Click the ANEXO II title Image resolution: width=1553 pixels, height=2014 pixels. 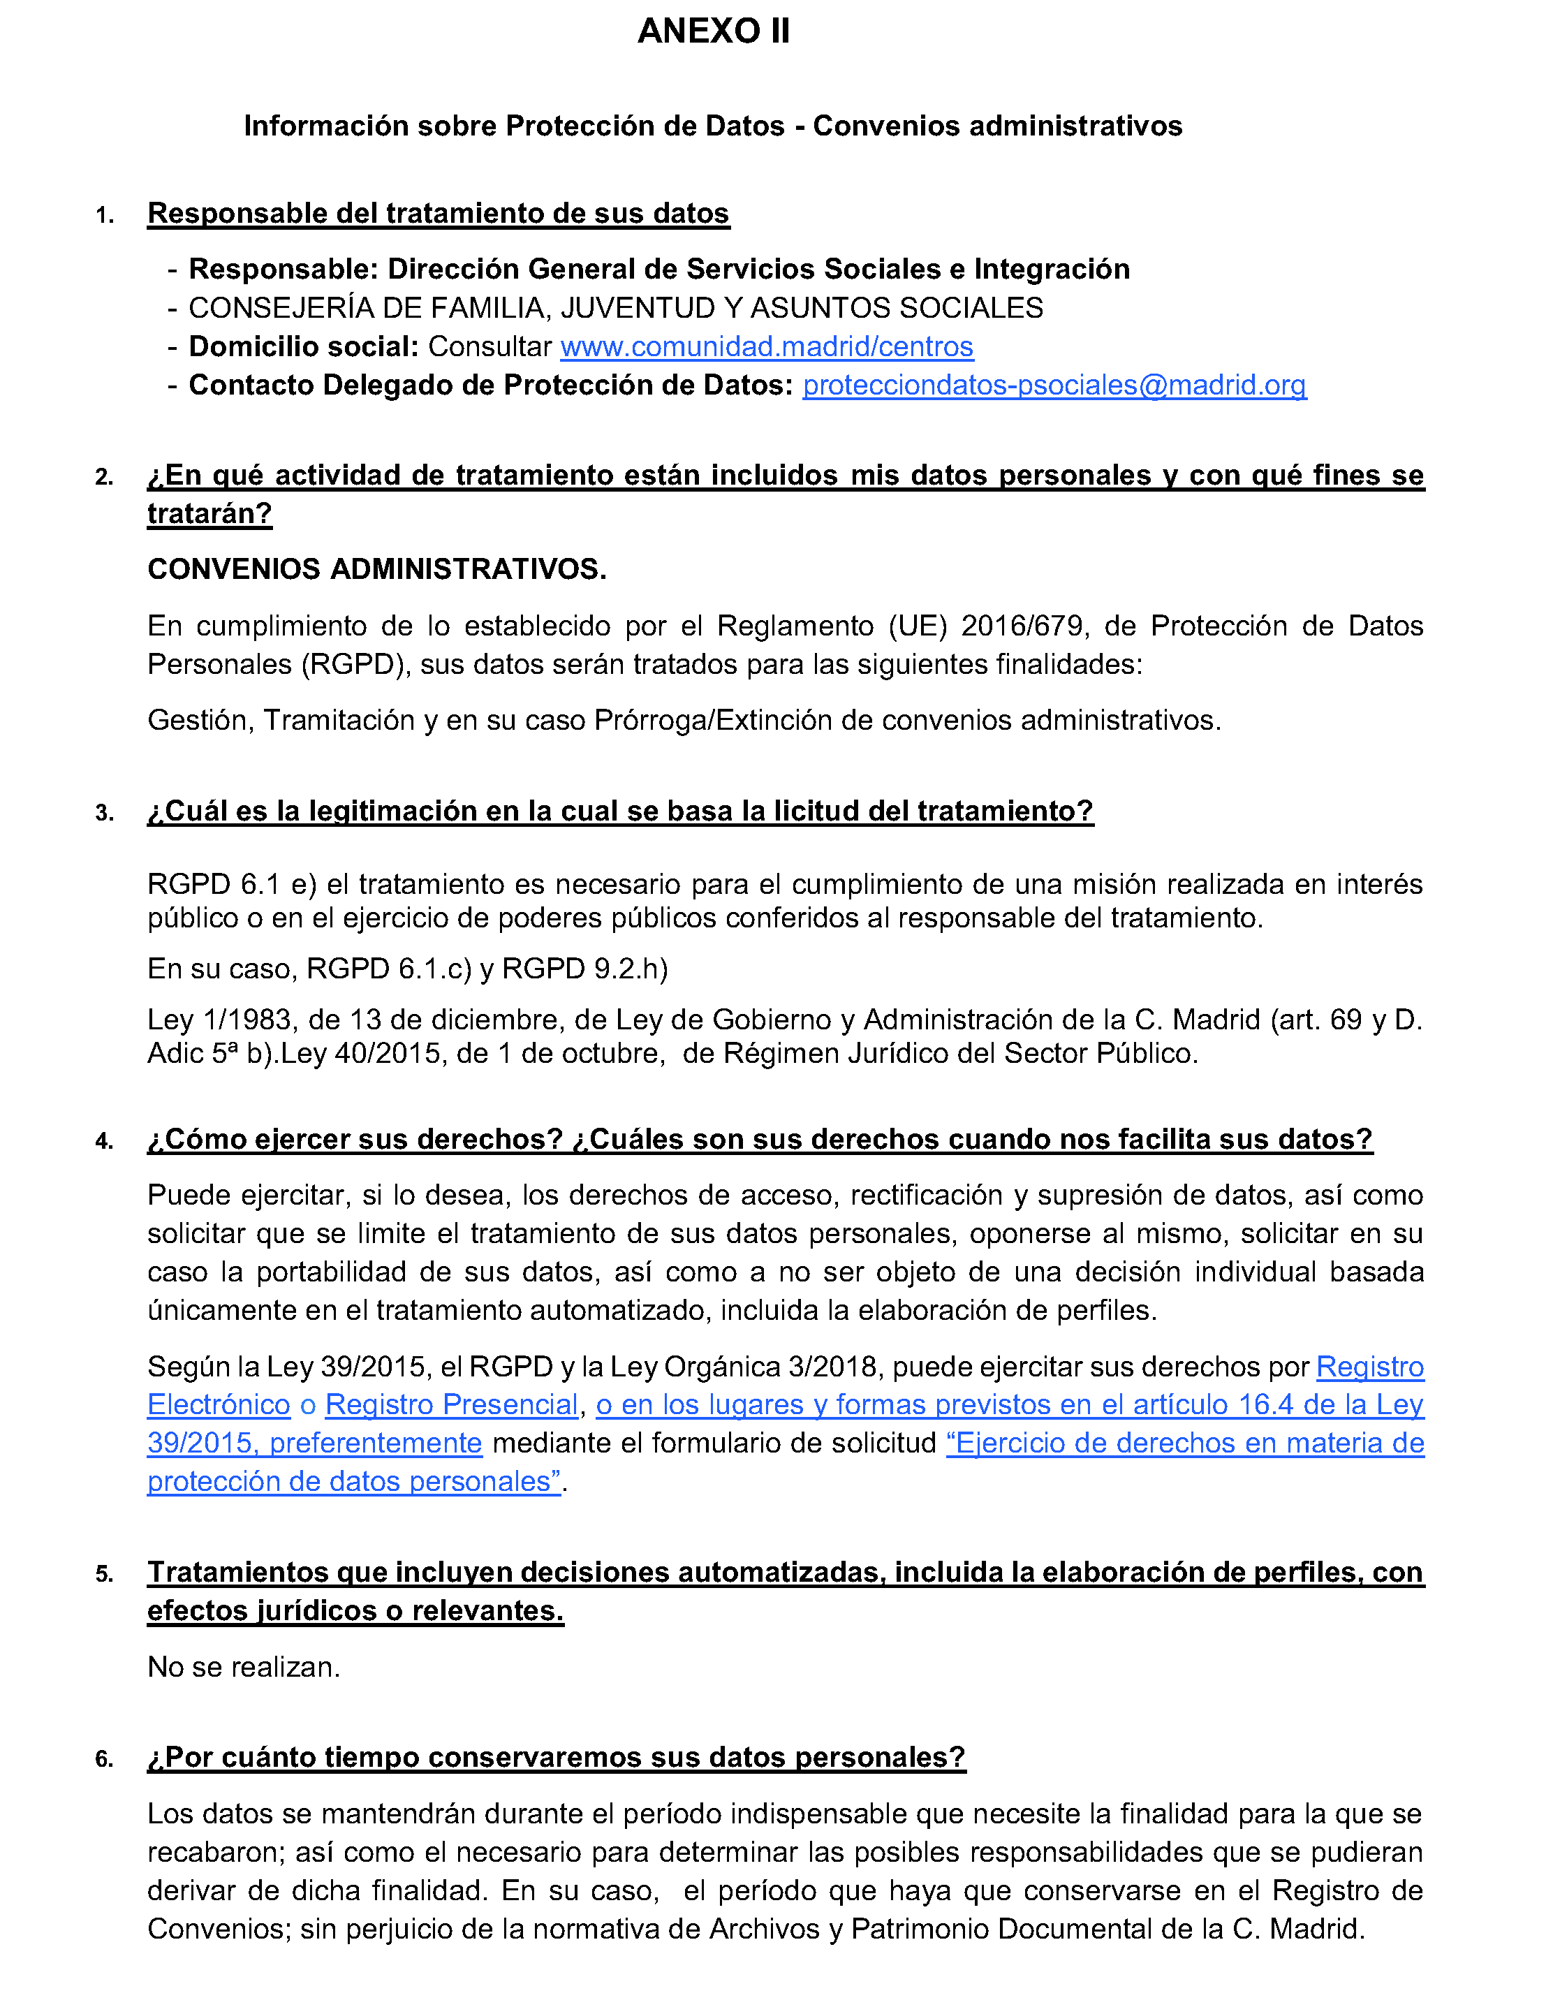click(713, 31)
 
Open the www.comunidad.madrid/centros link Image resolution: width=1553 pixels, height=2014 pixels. click(766, 347)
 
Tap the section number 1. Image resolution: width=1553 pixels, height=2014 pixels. click(104, 216)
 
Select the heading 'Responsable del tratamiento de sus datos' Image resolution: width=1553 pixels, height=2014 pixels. click(438, 214)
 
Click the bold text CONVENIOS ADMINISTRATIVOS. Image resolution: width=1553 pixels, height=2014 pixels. click(376, 570)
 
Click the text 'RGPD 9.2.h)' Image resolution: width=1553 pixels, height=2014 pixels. click(584, 969)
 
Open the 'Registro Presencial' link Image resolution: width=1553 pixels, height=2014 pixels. click(451, 1404)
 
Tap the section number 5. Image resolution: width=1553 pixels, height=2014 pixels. click(104, 1574)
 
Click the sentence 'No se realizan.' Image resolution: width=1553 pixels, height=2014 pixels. click(244, 1667)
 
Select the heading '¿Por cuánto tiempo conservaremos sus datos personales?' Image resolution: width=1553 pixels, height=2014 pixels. click(556, 1758)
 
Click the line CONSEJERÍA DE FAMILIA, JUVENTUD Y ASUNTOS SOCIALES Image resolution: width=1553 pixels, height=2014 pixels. click(615, 308)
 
